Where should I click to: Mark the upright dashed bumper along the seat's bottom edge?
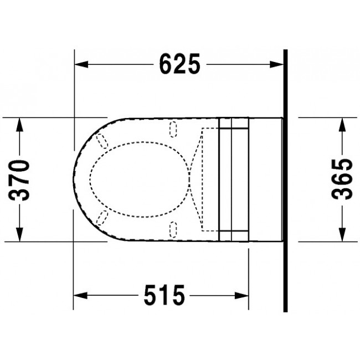coord(173,228)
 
